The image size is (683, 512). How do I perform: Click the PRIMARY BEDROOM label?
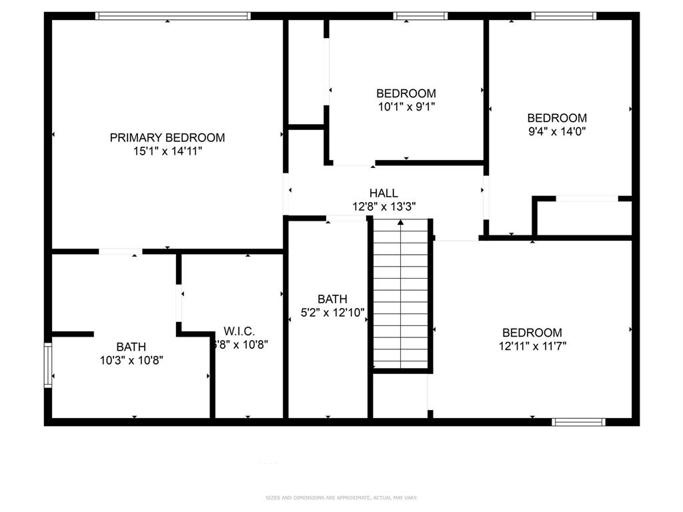(167, 138)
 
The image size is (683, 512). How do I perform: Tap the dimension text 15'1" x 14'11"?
(167, 151)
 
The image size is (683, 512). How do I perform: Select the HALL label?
(384, 193)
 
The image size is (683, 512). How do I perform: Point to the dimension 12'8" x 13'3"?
(384, 207)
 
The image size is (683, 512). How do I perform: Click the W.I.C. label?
(239, 331)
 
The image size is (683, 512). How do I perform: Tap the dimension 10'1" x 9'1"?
(406, 106)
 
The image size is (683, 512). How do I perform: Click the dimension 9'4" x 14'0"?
(557, 131)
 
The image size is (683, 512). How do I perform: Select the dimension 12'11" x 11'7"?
(532, 346)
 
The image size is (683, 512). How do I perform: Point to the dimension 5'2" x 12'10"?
(332, 313)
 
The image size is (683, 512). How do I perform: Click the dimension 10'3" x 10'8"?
(131, 360)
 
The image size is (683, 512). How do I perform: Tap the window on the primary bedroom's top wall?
(173, 15)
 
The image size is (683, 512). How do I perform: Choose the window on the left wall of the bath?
(48, 365)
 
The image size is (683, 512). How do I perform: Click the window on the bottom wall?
(579, 421)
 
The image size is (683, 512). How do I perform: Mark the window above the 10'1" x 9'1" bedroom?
(420, 15)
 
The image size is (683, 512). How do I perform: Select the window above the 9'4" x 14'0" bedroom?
(564, 15)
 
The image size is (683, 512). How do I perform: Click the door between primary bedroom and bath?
(121, 251)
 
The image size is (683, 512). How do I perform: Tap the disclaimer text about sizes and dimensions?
(341, 497)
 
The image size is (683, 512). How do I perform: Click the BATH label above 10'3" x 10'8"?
(131, 347)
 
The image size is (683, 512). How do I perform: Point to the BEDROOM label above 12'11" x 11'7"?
(532, 333)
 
